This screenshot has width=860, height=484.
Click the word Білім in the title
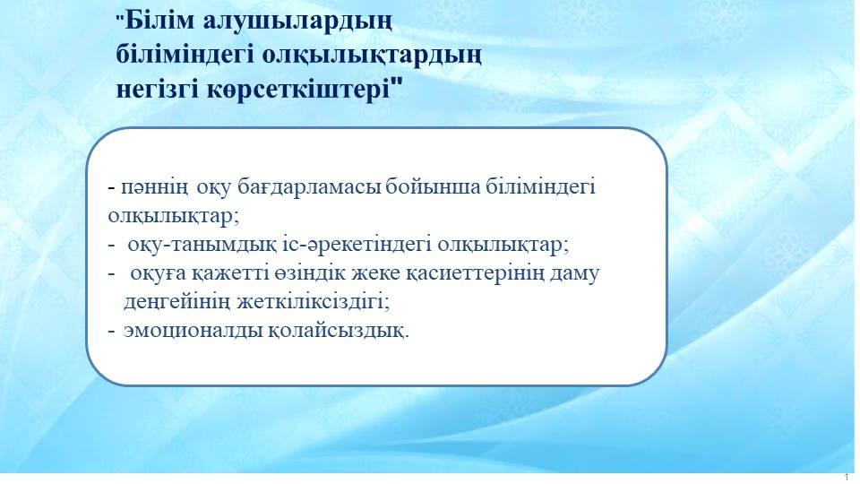point(159,21)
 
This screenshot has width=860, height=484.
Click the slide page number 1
point(847,477)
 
